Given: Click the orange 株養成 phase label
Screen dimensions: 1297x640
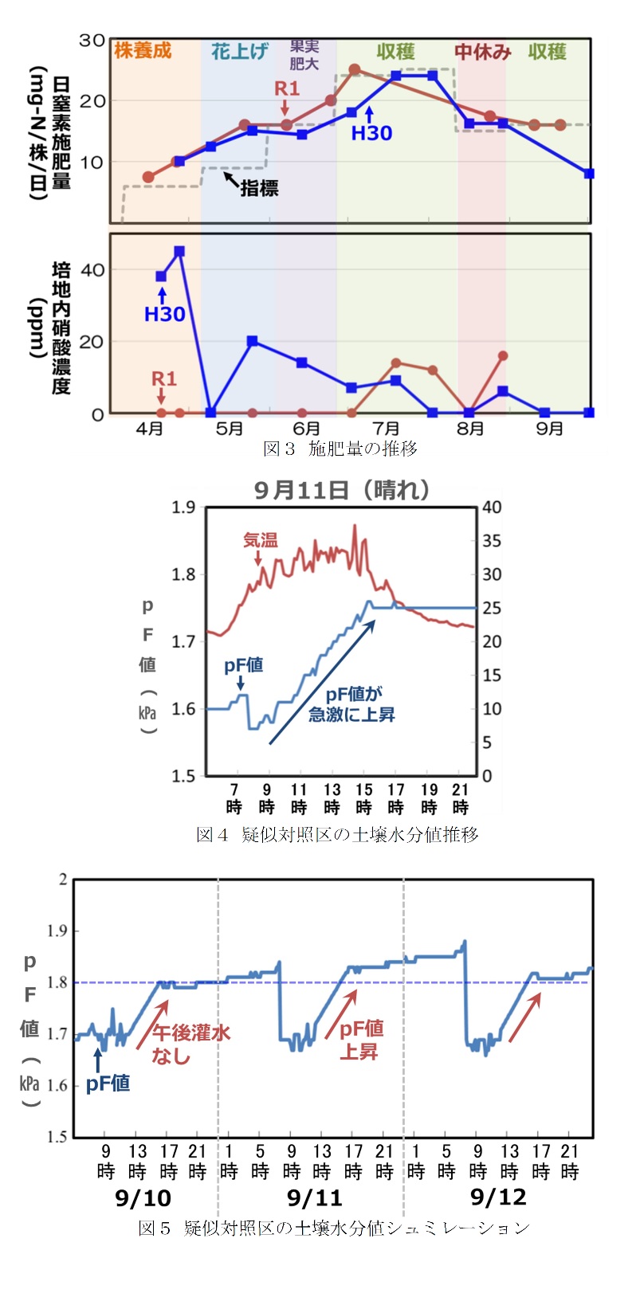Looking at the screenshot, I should [x=143, y=51].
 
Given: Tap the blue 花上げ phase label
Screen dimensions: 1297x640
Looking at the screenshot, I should [x=239, y=52].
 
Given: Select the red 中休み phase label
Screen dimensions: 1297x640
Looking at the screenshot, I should [x=482, y=52].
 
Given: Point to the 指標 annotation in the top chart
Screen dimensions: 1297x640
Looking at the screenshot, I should [x=259, y=188].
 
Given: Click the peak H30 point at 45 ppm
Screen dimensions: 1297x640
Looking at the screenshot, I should [x=179, y=252].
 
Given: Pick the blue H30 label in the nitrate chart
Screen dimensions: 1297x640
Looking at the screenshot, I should [x=164, y=314].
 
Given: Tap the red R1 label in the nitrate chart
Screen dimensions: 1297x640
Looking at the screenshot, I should [x=164, y=378].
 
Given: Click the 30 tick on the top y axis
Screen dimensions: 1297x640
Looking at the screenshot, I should [x=92, y=40].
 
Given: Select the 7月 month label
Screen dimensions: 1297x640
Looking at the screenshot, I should [x=387, y=429].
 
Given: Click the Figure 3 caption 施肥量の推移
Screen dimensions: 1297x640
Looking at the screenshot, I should [x=340, y=449].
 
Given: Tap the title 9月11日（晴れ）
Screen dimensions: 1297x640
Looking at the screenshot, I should [x=342, y=490].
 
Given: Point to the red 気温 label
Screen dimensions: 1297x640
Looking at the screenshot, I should [x=261, y=540].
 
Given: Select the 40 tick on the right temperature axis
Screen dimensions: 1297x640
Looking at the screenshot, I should [x=492, y=507].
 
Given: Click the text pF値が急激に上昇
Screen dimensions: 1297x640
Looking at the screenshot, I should [x=351, y=704].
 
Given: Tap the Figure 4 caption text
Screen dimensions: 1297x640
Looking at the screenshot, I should [x=337, y=834].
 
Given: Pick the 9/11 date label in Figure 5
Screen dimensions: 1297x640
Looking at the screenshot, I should [x=315, y=1197].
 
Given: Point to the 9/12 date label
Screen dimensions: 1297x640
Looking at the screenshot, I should [x=498, y=1197].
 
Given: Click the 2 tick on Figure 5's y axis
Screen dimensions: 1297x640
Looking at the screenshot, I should [x=63, y=880].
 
